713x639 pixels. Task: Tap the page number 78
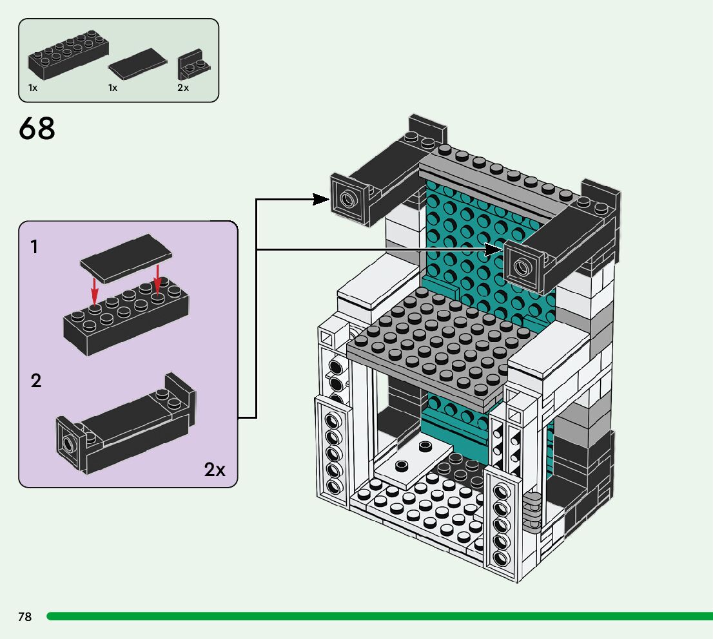pyautogui.click(x=25, y=616)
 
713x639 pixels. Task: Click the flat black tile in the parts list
pyautogui.click(x=138, y=64)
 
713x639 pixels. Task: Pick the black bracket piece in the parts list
pyautogui.click(x=193, y=64)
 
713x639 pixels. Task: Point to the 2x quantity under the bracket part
pyautogui.click(x=183, y=88)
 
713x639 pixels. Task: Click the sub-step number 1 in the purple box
pyautogui.click(x=34, y=247)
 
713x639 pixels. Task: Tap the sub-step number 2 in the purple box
pyautogui.click(x=36, y=381)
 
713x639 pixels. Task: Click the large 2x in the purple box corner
pyautogui.click(x=215, y=469)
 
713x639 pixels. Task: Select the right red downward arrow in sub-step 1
pyautogui.click(x=157, y=279)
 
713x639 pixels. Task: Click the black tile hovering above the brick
pyautogui.click(x=126, y=258)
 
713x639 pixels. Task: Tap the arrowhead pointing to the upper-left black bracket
pyautogui.click(x=321, y=199)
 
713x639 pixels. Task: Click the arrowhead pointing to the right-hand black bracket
pyautogui.click(x=494, y=249)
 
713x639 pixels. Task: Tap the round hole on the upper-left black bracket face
pyautogui.click(x=347, y=198)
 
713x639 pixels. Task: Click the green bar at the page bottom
pyautogui.click(x=380, y=616)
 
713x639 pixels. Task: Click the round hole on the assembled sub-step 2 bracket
pyautogui.click(x=69, y=443)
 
